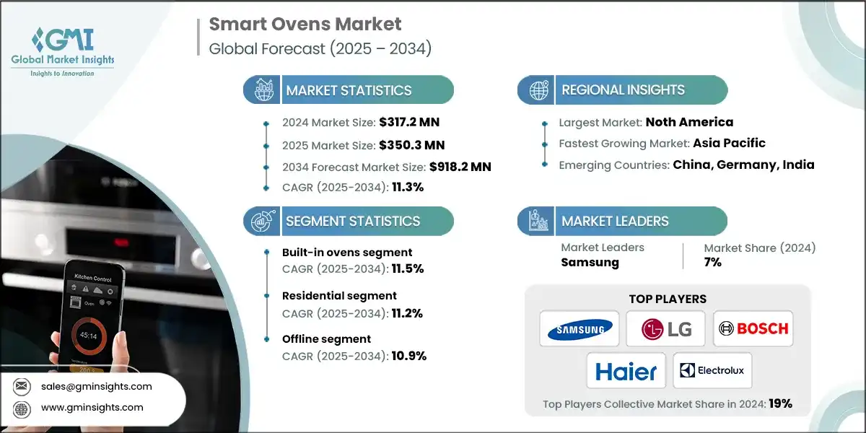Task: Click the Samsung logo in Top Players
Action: pos(579,329)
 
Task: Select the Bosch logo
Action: pos(753,329)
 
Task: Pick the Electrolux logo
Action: pos(712,371)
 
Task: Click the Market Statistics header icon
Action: pos(262,91)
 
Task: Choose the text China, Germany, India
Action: pos(743,165)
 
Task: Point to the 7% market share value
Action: pos(712,262)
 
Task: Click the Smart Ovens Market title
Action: pos(305,24)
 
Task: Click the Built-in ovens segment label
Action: pos(347,252)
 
